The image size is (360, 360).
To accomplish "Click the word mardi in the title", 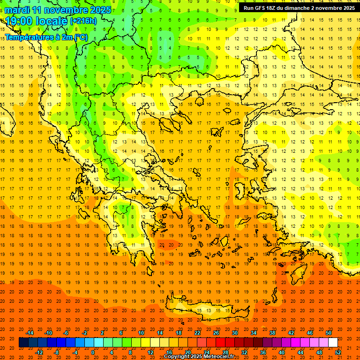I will click(x=17, y=10).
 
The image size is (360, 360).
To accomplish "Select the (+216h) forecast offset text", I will click(x=83, y=21).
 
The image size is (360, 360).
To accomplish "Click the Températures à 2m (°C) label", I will click(x=46, y=37).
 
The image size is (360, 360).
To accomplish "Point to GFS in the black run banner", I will click(x=261, y=8).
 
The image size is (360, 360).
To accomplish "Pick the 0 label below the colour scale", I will click(x=93, y=352).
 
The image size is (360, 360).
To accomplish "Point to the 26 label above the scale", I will click(x=216, y=333).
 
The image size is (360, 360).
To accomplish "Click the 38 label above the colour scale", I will click(x=272, y=333).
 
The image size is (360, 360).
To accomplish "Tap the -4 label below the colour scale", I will click(x=75, y=352).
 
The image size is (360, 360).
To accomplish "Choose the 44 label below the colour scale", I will click(x=300, y=352).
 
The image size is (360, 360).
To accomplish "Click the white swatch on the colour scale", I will click(x=333, y=343).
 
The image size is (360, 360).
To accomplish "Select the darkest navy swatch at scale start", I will click(x=23, y=343).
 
